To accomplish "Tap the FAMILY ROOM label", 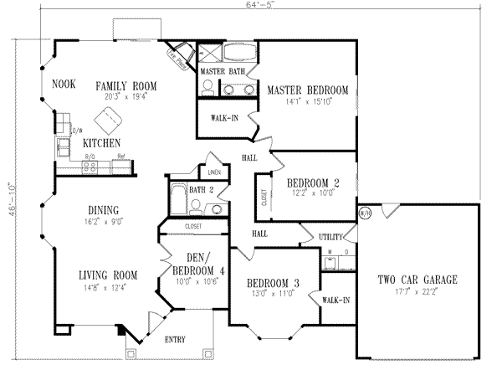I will [125, 85].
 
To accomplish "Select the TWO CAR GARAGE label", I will [416, 280].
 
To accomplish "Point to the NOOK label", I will [64, 85].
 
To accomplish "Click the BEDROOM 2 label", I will [313, 182].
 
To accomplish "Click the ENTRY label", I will [175, 339].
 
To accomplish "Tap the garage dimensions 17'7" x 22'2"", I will [416, 292].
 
